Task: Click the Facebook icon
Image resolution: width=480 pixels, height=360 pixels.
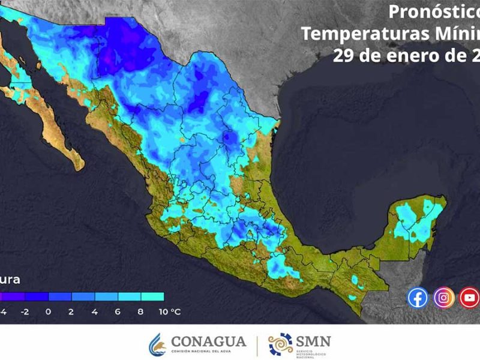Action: (418, 297)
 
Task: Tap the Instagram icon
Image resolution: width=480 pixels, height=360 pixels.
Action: (444, 297)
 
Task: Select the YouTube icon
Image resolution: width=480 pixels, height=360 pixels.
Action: (469, 297)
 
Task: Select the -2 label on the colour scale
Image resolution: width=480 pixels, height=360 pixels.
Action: (25, 312)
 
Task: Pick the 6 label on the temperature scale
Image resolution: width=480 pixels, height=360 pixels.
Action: (118, 312)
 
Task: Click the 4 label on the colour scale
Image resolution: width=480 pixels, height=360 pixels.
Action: (95, 312)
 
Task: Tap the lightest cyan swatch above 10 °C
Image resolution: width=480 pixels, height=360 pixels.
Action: (152, 296)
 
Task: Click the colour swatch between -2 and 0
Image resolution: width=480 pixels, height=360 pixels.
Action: (37, 296)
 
